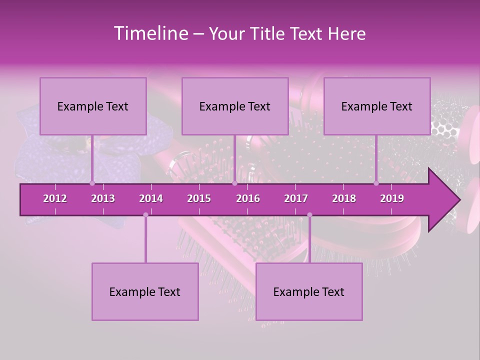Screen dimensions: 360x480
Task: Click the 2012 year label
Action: click(55, 198)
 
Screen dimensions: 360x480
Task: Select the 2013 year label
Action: click(103, 198)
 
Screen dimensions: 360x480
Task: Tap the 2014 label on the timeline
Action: click(151, 198)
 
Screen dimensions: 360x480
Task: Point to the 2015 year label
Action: click(199, 198)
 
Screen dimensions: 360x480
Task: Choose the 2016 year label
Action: click(248, 198)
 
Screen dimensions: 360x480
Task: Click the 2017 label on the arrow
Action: click(296, 198)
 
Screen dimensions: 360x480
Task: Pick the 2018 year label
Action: click(344, 198)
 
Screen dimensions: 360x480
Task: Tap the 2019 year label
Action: click(392, 198)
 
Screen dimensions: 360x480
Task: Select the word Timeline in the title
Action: click(149, 33)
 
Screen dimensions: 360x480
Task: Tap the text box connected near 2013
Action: click(93, 106)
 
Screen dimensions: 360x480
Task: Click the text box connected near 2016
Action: click(235, 106)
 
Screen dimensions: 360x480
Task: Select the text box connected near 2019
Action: click(377, 106)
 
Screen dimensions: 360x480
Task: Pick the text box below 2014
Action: click(145, 291)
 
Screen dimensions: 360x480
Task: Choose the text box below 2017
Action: click(309, 291)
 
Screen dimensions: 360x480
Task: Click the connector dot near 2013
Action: click(92, 183)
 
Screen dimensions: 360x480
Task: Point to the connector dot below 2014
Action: click(145, 214)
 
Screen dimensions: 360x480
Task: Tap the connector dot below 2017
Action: click(309, 214)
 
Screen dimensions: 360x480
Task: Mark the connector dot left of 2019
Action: click(376, 183)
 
